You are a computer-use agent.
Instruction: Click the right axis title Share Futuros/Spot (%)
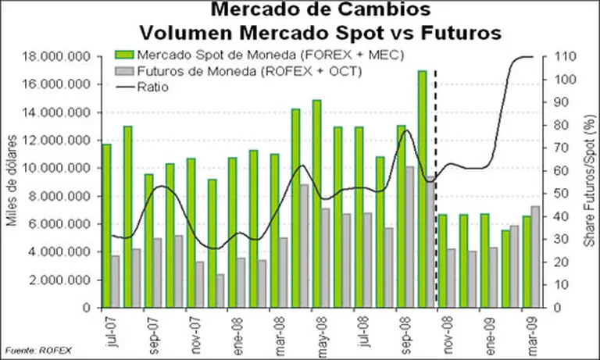point(587,181)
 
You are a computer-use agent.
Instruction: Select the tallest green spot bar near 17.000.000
point(423,188)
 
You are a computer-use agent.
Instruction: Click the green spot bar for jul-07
point(106,226)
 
